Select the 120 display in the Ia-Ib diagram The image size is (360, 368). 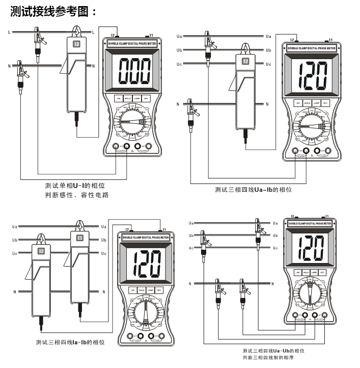tap(147, 263)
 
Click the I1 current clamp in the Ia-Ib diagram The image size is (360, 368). tap(79, 270)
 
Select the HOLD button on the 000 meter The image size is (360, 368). tap(128, 98)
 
